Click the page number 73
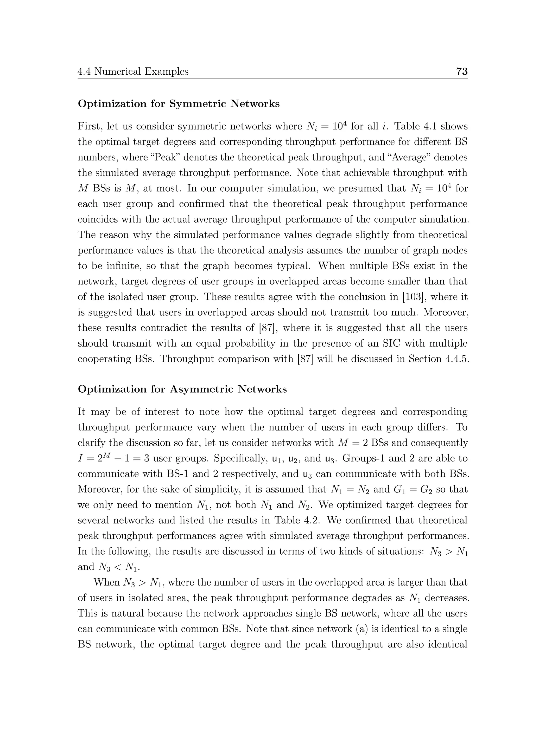(462, 71)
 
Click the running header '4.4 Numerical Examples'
(133, 72)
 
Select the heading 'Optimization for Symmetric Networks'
(179, 104)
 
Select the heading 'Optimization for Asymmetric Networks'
(182, 389)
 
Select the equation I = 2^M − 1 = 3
(113, 458)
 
